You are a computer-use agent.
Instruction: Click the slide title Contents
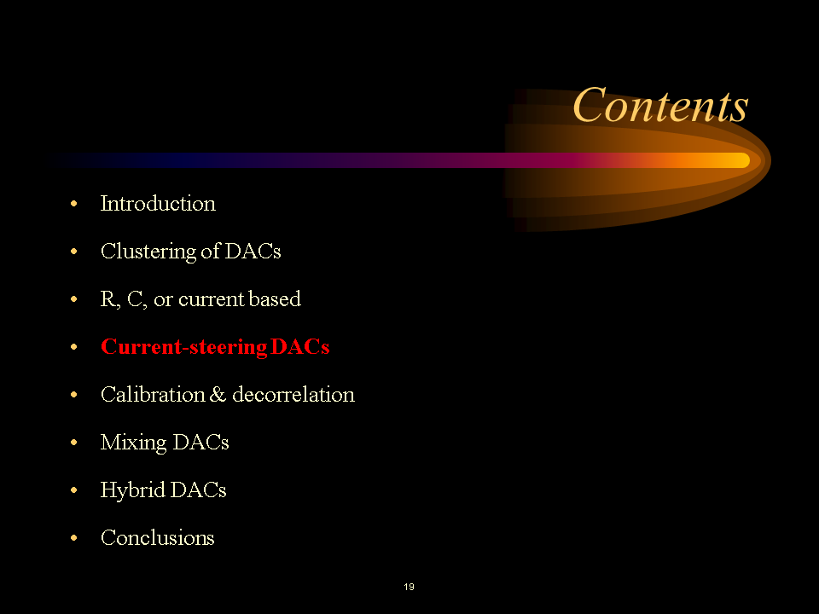point(659,107)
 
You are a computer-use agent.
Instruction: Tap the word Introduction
point(158,204)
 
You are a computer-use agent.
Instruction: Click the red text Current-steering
point(183,347)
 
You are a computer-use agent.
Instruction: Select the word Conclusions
point(157,538)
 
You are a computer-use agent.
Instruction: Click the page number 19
point(409,587)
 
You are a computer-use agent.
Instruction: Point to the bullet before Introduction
point(74,205)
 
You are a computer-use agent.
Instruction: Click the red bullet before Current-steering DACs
point(74,348)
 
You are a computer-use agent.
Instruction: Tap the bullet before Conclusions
point(74,539)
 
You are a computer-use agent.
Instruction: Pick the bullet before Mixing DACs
point(74,443)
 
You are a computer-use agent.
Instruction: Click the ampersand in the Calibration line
point(218,395)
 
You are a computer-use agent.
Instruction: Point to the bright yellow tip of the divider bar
point(735,160)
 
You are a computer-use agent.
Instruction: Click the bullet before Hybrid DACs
point(74,491)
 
